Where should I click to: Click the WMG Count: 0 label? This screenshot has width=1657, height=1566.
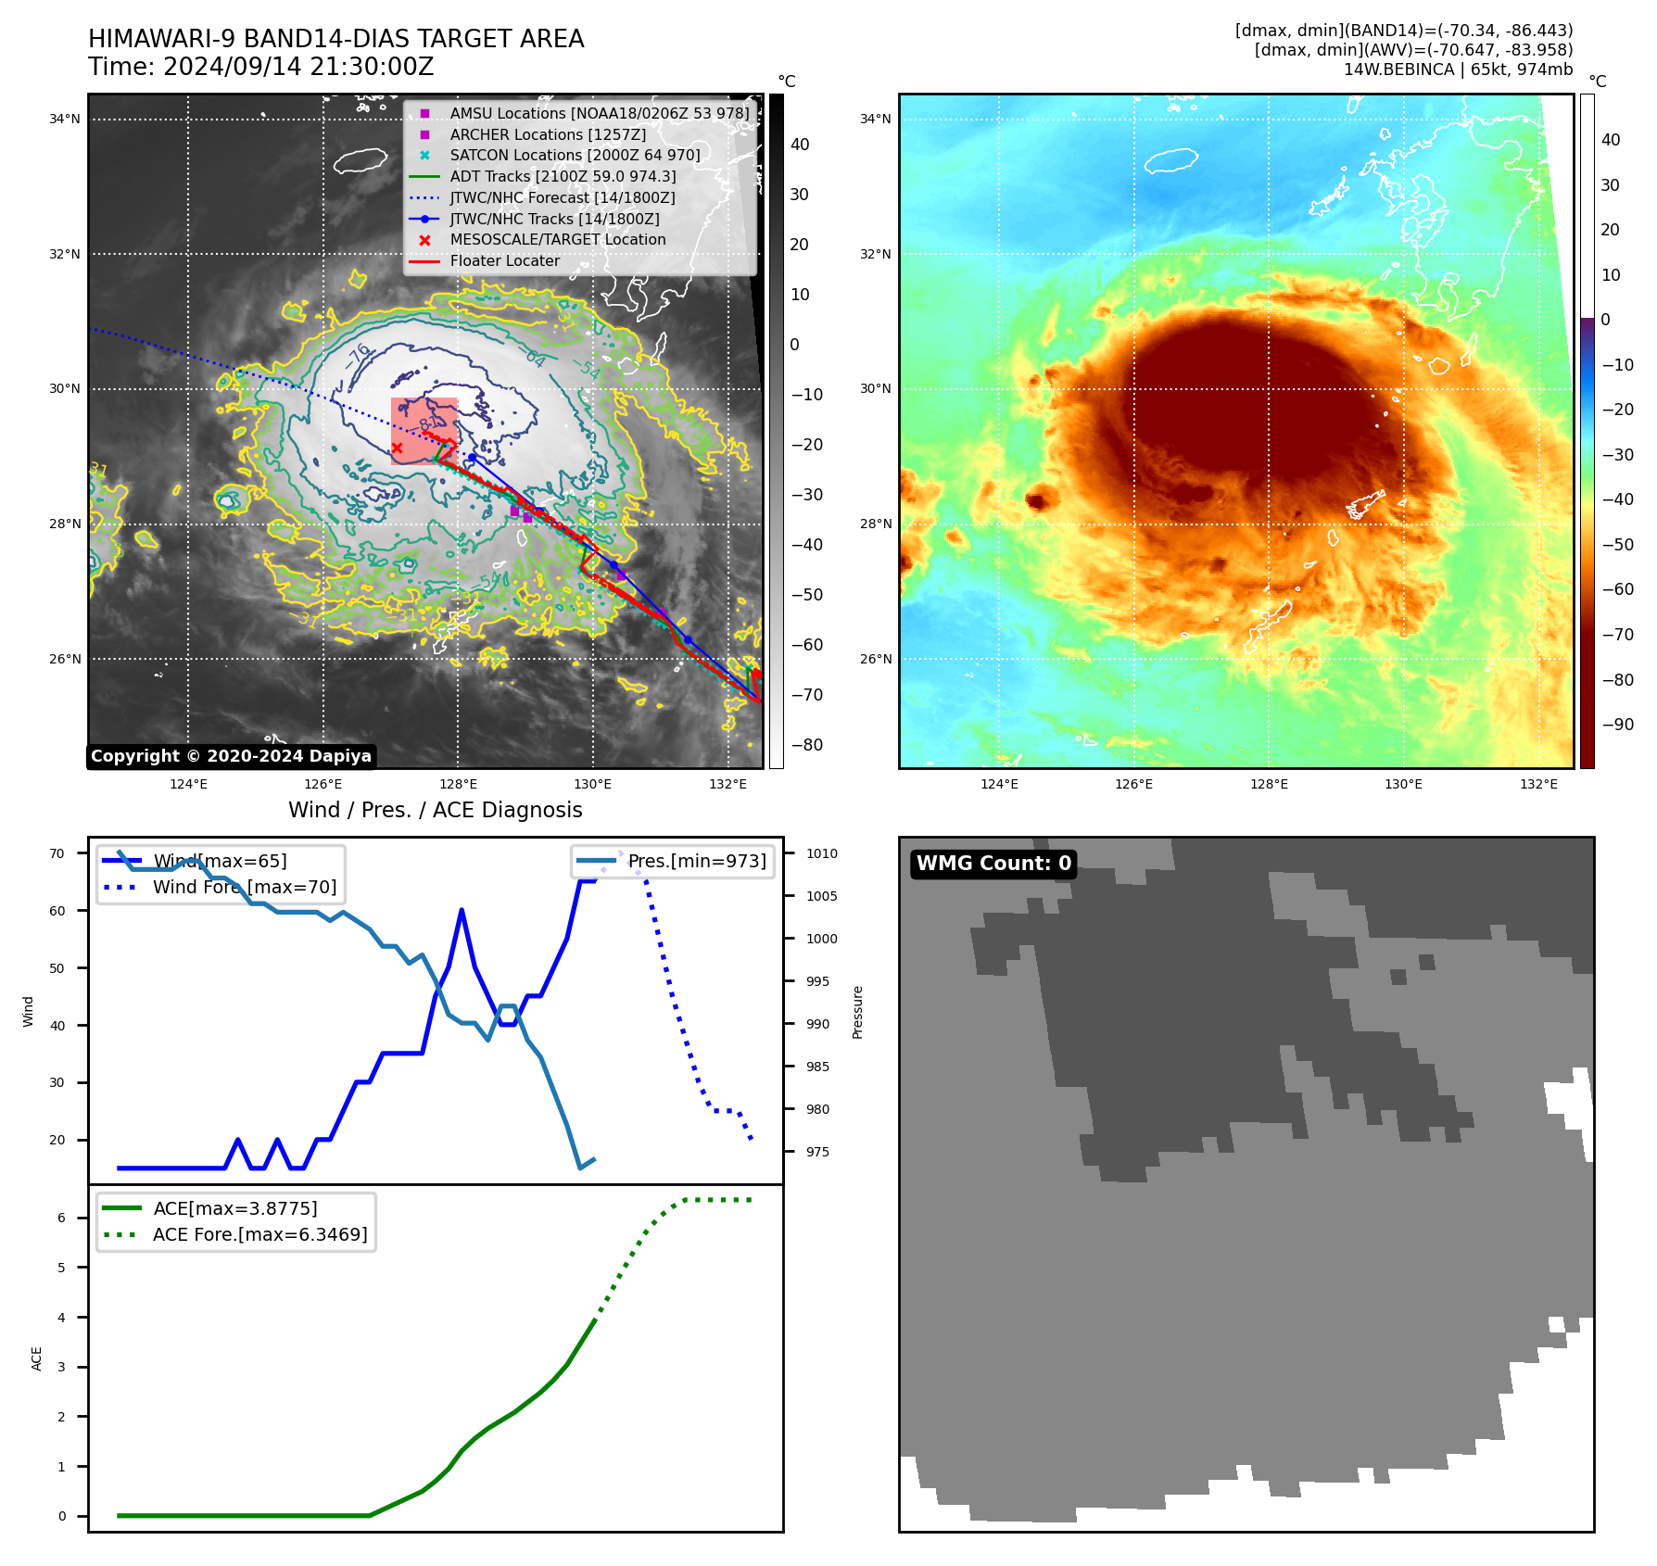[x=993, y=864]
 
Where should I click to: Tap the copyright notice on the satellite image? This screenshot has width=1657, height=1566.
[x=231, y=756]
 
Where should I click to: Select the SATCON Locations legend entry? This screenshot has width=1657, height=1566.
[x=575, y=156]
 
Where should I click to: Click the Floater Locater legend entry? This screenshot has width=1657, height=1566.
[x=504, y=261]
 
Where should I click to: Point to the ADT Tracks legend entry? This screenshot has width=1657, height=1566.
[x=563, y=177]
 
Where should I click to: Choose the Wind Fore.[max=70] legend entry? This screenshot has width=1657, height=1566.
[x=245, y=888]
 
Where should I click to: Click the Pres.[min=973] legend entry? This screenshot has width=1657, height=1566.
[x=697, y=862]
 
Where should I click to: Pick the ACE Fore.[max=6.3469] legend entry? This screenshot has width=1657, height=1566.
[x=259, y=1235]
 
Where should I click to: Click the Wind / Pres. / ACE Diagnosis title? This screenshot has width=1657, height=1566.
[x=436, y=810]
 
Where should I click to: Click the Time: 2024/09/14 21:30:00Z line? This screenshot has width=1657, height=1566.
[x=261, y=68]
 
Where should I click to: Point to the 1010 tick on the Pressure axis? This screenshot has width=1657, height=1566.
[x=821, y=853]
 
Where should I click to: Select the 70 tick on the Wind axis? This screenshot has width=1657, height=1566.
[x=57, y=853]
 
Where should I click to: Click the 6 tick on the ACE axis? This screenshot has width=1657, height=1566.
[x=61, y=1218]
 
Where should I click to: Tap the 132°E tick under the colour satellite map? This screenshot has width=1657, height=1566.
[x=1538, y=785]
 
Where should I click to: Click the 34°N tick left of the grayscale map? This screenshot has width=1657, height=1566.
[x=65, y=119]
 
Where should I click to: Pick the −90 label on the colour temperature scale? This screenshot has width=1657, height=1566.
[x=1617, y=725]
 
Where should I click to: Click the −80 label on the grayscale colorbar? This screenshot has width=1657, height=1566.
[x=806, y=745]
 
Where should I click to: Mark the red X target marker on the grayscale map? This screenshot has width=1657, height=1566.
[x=397, y=448]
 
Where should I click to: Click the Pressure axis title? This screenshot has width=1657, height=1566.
[x=858, y=1012]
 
